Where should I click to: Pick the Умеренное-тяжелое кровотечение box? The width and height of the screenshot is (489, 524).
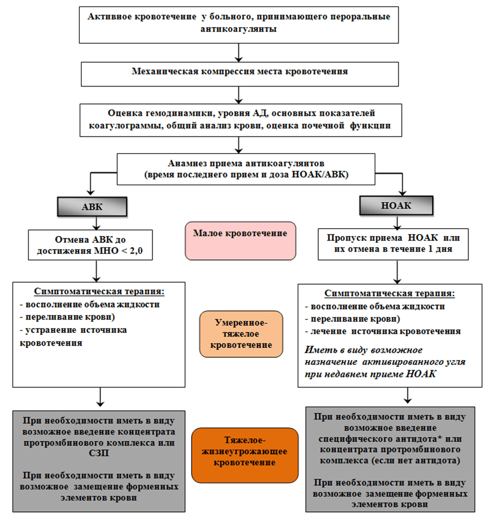point(241,334)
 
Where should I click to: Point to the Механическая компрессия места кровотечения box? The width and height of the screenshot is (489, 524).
point(240,72)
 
